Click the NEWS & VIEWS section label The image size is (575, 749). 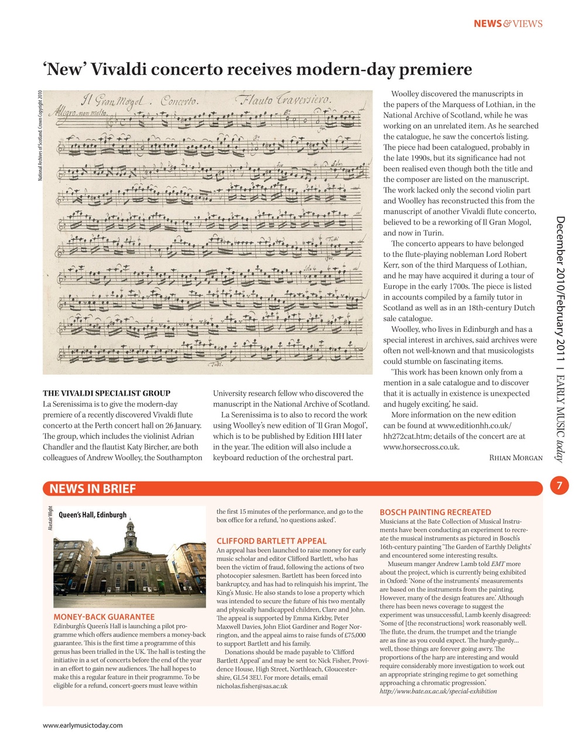(x=508, y=24)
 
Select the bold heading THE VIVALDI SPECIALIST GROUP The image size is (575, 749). (x=107, y=393)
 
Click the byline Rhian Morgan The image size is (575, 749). (x=515, y=458)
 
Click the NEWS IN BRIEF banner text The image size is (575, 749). (x=93, y=489)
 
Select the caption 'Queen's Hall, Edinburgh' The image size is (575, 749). (x=93, y=515)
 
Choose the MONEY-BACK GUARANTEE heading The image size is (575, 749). (x=104, y=617)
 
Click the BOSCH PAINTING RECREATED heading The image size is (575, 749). (x=436, y=512)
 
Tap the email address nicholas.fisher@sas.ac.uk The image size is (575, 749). (x=252, y=686)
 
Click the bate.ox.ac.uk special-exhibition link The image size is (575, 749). (x=438, y=691)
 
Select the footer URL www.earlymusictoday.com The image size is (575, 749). (x=83, y=726)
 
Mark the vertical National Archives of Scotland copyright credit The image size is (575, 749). (x=39, y=135)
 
